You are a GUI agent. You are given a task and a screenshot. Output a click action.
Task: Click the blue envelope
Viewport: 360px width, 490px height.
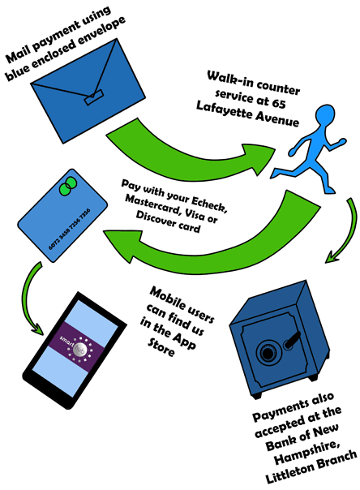point(88,91)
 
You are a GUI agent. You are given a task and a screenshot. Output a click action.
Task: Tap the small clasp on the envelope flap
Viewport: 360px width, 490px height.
point(94,97)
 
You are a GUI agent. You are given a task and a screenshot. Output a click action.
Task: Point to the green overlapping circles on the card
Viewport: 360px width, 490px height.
point(68,186)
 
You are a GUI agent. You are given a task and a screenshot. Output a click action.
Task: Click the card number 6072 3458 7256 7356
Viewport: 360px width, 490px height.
point(69,229)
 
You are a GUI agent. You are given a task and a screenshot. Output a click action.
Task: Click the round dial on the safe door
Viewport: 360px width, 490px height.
point(268,353)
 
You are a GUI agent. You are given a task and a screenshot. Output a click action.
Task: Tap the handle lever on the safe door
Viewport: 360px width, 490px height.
point(292,340)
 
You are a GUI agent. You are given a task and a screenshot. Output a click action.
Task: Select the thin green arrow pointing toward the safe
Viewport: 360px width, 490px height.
point(345,231)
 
